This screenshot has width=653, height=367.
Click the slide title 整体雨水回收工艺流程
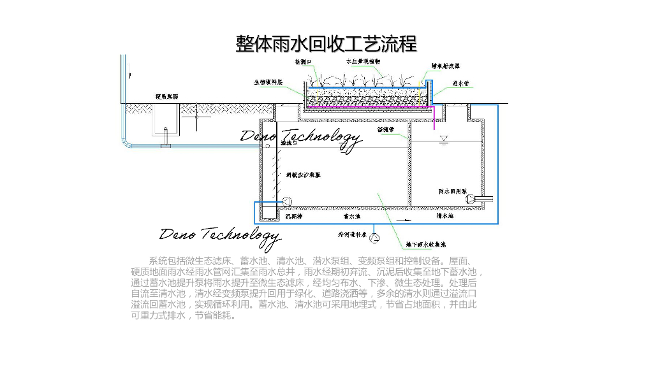(x=326, y=43)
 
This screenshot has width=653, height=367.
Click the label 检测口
(x=303, y=62)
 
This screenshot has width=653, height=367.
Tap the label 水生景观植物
(x=363, y=62)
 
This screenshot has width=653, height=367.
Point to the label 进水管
(x=461, y=83)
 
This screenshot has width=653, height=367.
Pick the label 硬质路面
(x=167, y=97)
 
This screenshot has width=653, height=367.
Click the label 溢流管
(x=386, y=129)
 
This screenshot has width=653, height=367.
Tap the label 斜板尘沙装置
(x=302, y=173)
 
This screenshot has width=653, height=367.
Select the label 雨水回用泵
(x=453, y=191)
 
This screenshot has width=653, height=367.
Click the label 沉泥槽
(x=293, y=217)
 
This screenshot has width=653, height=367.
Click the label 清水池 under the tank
(x=444, y=217)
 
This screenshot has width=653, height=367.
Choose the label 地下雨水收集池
(x=421, y=244)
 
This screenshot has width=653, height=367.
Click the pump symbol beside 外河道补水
(x=376, y=238)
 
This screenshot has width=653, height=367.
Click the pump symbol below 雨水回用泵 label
(x=471, y=199)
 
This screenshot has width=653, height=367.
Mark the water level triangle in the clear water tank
(x=444, y=138)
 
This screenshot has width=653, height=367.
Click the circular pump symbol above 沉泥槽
(x=286, y=201)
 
